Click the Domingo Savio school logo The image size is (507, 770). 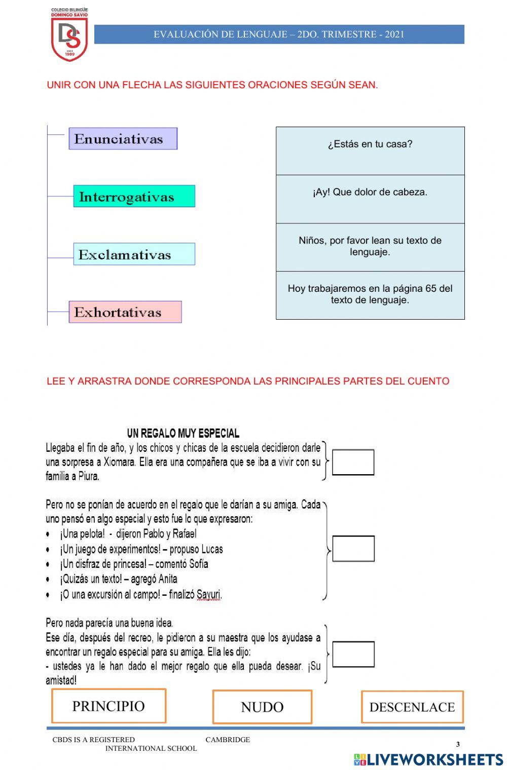69,34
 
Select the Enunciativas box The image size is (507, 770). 123,138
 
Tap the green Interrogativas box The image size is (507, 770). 134,196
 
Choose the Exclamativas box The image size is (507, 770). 134,254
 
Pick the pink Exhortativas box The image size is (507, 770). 125,312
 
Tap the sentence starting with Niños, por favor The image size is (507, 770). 370,247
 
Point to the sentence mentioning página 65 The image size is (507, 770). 370,295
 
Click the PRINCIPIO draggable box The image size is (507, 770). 108,706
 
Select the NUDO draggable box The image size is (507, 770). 262,707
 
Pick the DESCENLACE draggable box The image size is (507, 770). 412,707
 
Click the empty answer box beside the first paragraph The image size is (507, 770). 353,462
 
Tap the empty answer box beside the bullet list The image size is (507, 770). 353,549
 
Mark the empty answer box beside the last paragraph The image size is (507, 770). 353,654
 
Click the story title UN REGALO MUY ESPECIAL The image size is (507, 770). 183,433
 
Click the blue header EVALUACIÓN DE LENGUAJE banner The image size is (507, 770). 279,34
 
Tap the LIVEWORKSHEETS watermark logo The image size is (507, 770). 428,759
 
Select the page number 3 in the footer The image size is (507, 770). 458,744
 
